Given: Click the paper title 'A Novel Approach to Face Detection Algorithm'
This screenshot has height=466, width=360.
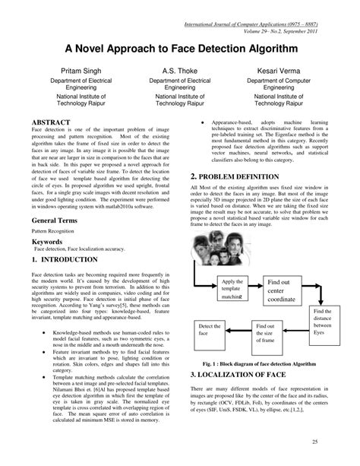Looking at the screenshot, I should click(x=180, y=46).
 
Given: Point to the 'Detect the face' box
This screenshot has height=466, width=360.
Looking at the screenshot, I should click(x=209, y=332).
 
